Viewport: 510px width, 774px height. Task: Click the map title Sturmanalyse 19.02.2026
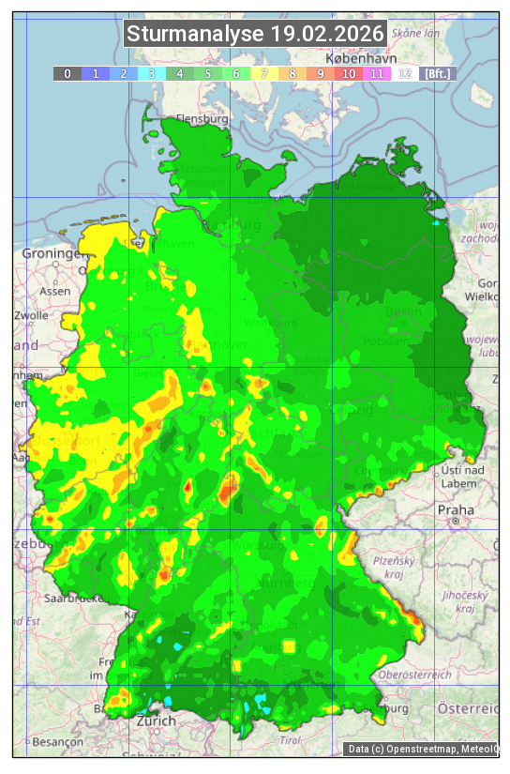coord(256,35)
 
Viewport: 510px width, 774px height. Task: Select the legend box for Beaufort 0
coord(67,73)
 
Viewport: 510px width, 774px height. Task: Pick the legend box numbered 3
coord(151,73)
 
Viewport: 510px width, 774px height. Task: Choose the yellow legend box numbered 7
coord(264,73)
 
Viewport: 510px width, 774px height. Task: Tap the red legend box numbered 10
coord(349,73)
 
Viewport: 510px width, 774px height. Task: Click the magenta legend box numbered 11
coord(377,73)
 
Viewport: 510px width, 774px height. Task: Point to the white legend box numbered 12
coord(405,73)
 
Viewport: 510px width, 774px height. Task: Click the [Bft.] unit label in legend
coord(438,73)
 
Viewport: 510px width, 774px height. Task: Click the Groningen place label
coord(52,254)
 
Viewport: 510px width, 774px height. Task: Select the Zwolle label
coord(31,315)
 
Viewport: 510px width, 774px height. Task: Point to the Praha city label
coord(455,510)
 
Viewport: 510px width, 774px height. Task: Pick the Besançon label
coord(57,741)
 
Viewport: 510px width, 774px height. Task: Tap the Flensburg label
coord(202,120)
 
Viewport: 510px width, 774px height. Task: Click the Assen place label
coord(55,291)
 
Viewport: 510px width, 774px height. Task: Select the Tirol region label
coord(290,740)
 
